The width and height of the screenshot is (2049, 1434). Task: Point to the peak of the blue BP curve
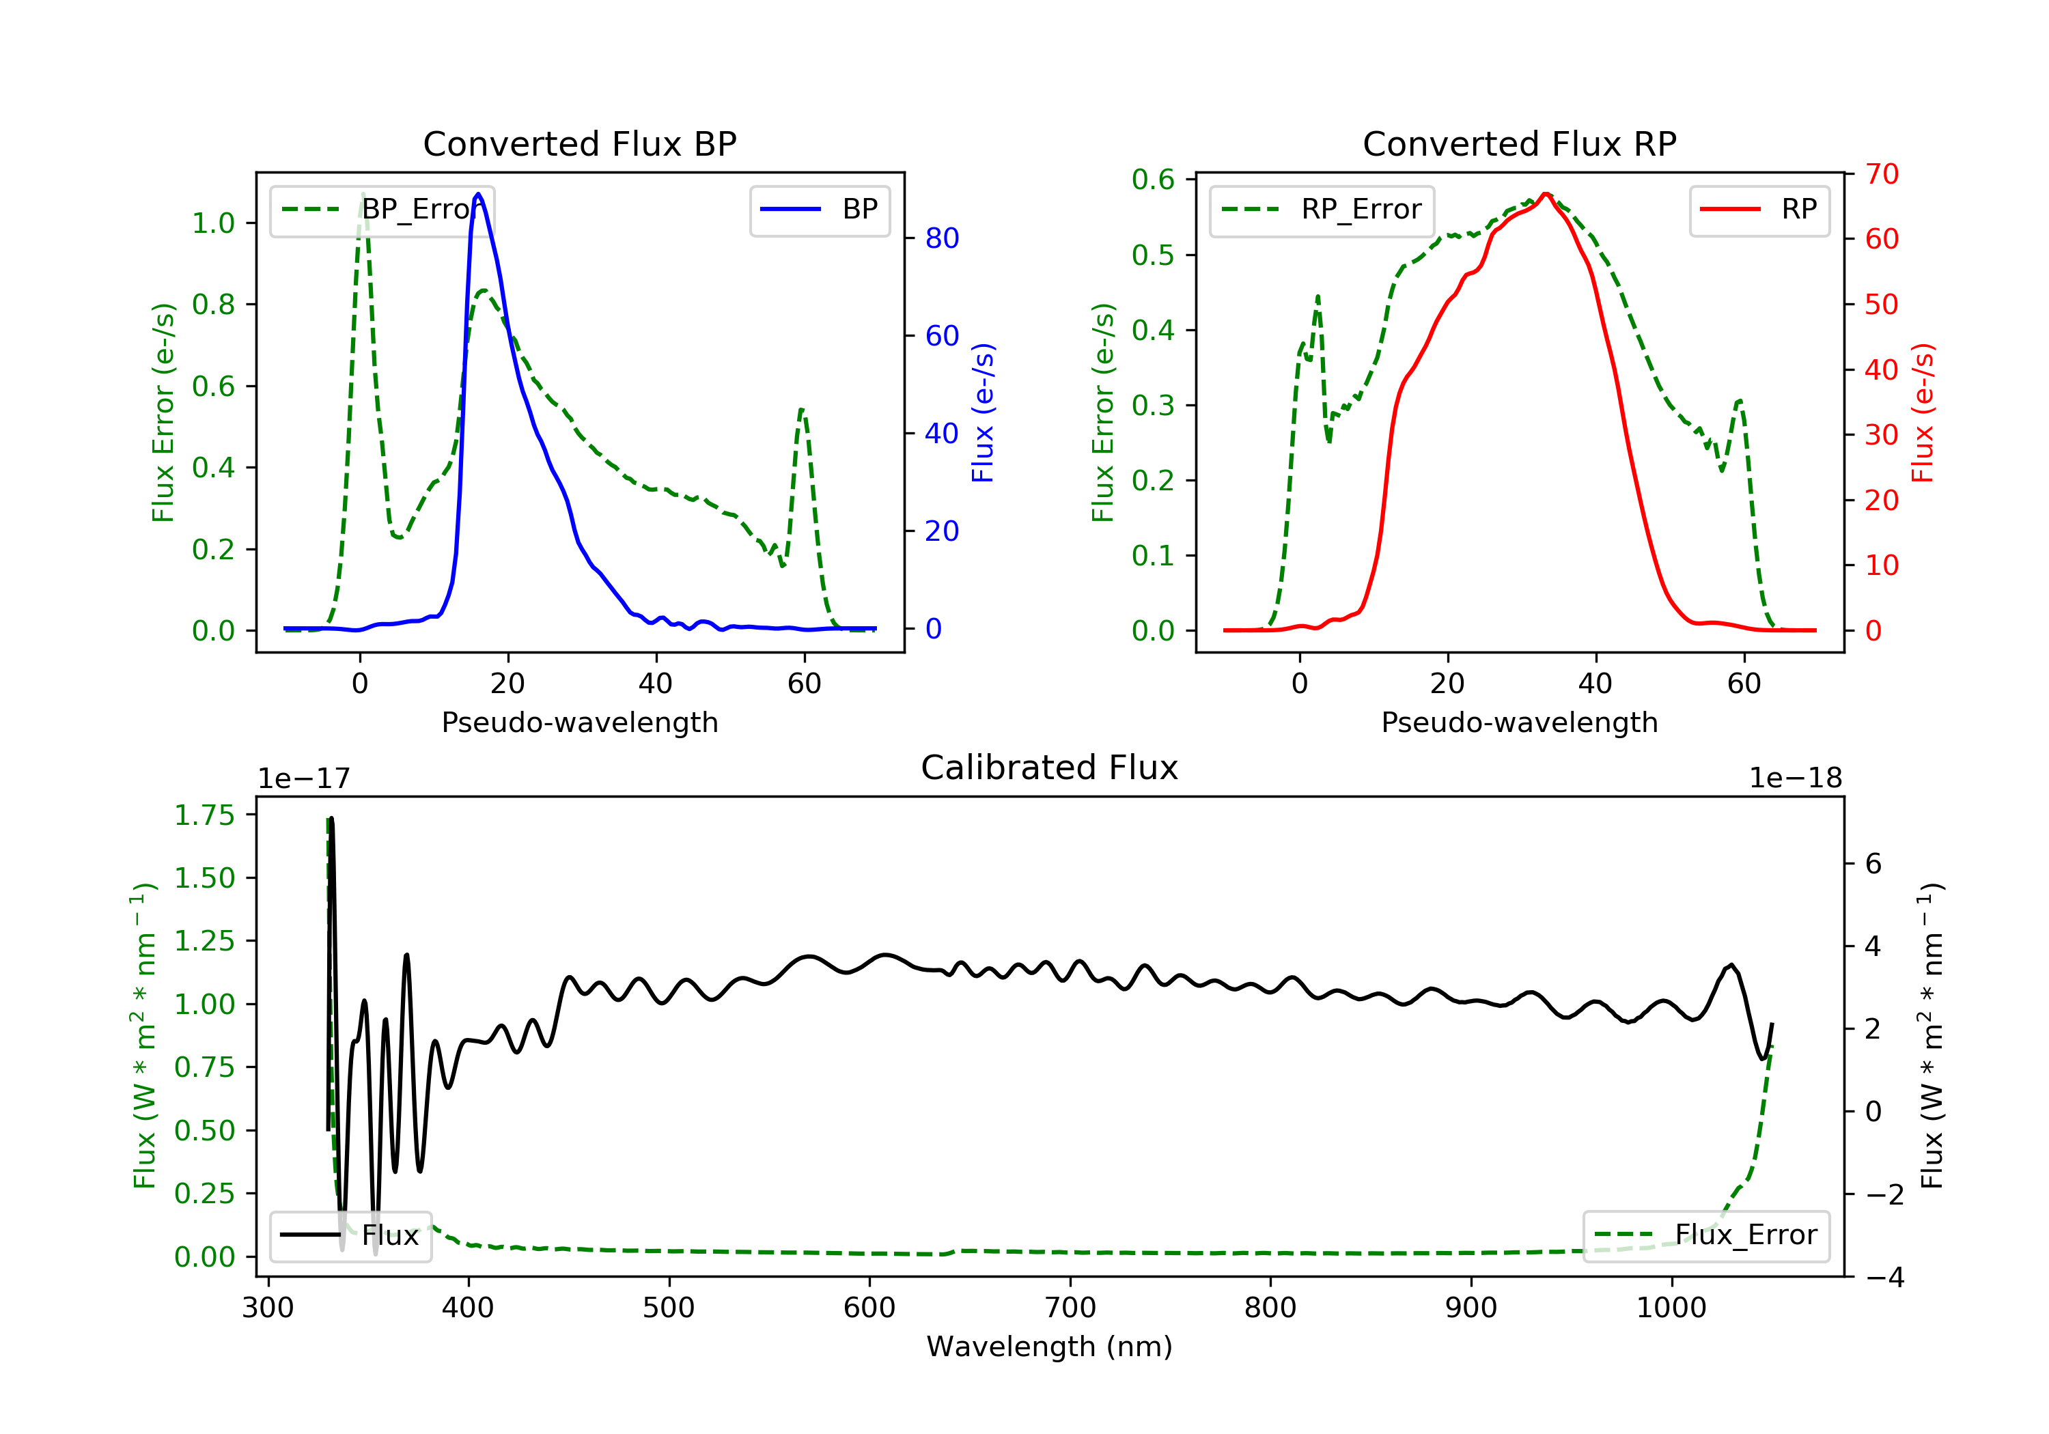[x=478, y=194]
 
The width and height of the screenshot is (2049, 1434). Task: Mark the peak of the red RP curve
[x=1546, y=194]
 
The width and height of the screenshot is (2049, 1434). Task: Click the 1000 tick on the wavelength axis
[x=1671, y=1308]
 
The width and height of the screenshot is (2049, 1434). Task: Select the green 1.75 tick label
[x=204, y=815]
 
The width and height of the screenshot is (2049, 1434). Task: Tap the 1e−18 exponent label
[x=1795, y=779]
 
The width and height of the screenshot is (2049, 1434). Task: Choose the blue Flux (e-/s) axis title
[x=983, y=412]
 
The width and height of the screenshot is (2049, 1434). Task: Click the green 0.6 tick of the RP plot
[x=1153, y=180]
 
